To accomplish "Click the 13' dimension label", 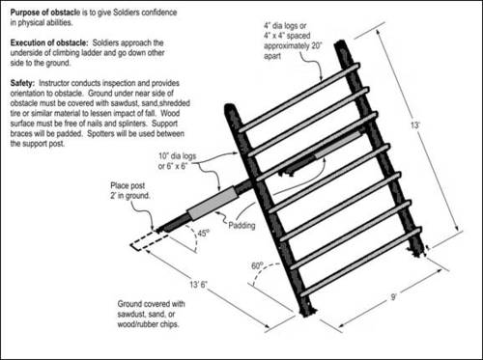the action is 415,125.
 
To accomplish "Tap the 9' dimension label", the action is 393,296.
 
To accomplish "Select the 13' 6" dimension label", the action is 198,285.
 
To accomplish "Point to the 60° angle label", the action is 258,265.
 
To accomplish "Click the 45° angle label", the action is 204,233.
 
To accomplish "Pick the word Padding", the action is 241,226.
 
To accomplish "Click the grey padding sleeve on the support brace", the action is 212,204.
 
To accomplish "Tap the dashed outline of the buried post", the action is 149,240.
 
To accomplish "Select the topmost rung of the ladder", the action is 298,97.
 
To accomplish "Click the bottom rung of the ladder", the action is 360,262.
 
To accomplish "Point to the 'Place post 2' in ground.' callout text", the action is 130,190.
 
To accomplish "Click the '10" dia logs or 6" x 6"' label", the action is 177,161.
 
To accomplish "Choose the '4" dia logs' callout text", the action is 285,26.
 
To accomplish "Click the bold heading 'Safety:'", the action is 22,83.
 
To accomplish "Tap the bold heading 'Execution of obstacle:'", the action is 49,42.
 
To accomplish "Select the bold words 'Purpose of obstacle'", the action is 44,13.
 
